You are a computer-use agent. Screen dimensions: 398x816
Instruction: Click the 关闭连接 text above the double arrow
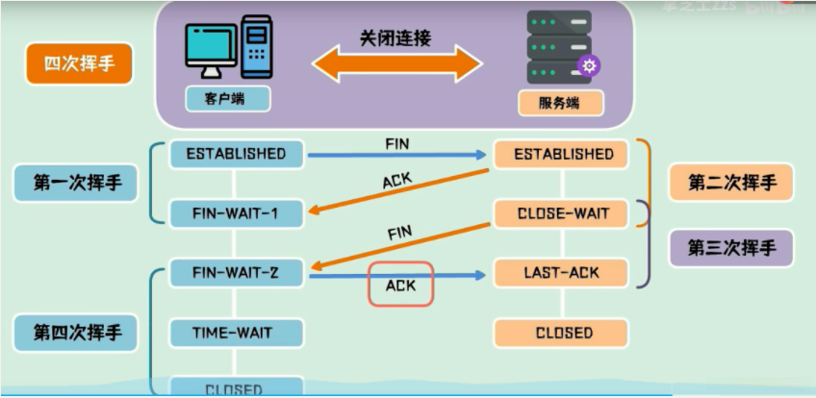(395, 37)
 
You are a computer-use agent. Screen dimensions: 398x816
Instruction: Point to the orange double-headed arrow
(395, 65)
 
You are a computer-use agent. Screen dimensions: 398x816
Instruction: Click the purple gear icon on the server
(589, 65)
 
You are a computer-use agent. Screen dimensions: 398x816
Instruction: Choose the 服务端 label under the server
(561, 102)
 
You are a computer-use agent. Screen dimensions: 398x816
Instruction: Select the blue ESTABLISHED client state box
(236, 154)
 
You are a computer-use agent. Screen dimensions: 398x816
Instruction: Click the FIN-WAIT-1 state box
(236, 213)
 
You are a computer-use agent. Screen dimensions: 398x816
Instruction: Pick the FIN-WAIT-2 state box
(236, 273)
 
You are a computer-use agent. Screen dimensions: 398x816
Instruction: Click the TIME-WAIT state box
(236, 333)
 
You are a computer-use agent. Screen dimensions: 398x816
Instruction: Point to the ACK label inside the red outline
(400, 286)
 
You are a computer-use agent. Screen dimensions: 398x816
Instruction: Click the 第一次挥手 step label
(78, 182)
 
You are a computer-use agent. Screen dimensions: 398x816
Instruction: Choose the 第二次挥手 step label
(731, 182)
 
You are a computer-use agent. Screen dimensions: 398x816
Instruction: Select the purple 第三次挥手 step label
(731, 247)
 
